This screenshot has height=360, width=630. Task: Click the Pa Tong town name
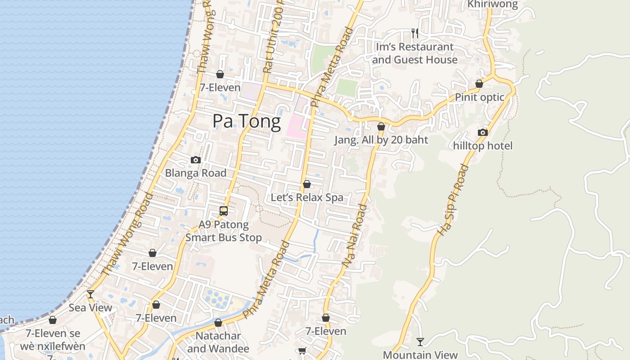(247, 121)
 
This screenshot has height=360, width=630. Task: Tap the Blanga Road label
(195, 173)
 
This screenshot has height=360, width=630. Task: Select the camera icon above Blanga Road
(195, 160)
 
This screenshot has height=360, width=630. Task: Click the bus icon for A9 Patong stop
(224, 211)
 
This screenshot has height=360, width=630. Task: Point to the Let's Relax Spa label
(307, 198)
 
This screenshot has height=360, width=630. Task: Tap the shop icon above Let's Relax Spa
(307, 184)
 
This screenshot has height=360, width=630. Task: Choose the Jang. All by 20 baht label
(381, 140)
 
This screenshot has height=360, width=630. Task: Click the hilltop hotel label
(482, 146)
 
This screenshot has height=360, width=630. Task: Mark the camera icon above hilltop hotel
(482, 132)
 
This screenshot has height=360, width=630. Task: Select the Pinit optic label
(479, 97)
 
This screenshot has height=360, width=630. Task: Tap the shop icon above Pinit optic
(479, 84)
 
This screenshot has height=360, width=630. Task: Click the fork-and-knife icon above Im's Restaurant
(414, 33)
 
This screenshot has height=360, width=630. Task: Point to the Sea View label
(90, 308)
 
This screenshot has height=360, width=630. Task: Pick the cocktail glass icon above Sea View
(90, 294)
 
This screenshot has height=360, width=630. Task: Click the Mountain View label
(420, 355)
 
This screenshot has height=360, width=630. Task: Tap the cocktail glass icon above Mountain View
(420, 342)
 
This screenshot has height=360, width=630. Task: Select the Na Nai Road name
(355, 236)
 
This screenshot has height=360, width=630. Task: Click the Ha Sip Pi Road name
(453, 200)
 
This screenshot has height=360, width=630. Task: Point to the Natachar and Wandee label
(218, 342)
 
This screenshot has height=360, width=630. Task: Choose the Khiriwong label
(493, 4)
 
